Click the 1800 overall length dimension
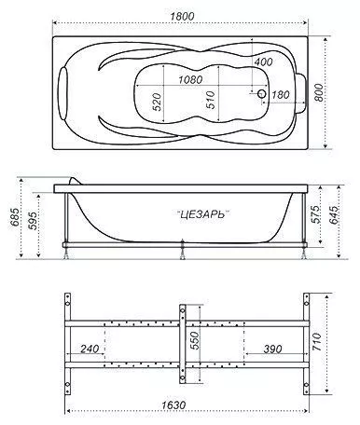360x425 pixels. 182,16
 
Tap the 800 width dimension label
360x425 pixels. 318,92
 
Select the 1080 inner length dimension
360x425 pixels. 190,80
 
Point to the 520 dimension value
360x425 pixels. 157,102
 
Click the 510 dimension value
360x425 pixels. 211,100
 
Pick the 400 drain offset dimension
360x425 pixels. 263,62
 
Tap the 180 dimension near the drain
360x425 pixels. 281,94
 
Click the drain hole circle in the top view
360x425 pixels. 262,93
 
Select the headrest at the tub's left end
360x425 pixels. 63,93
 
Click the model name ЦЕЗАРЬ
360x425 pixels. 202,214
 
